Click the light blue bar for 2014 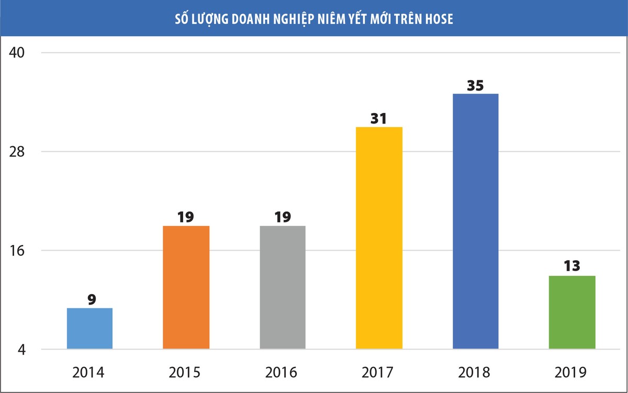(90, 328)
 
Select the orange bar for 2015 (186, 287)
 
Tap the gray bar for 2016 (283, 287)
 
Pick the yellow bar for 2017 (379, 238)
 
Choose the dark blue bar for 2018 (475, 221)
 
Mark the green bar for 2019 (572, 312)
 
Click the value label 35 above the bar (475, 85)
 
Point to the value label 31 (378, 118)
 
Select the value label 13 (572, 266)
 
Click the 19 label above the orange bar (186, 217)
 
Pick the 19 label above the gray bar (283, 217)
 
